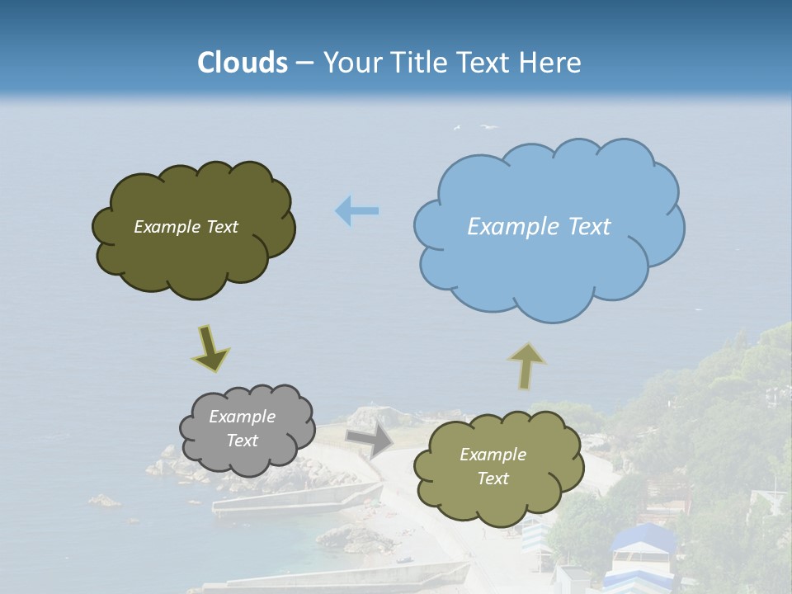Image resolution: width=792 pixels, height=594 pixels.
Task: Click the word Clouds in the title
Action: (x=243, y=63)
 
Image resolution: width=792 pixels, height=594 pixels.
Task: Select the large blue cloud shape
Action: (x=548, y=264)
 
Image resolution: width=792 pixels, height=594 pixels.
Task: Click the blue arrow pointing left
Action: (x=357, y=211)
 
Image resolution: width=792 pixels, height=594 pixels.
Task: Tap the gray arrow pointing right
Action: (x=370, y=440)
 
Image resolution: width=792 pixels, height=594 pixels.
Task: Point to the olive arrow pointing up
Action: (x=526, y=365)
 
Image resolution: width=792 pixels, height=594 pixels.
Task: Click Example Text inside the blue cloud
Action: (x=539, y=227)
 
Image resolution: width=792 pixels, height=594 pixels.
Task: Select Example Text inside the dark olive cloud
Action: (x=186, y=227)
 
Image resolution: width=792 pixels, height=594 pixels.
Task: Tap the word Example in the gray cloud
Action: (x=242, y=417)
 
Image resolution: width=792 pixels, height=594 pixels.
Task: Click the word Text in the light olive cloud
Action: (x=493, y=478)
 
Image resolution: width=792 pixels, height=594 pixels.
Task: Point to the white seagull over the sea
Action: (x=488, y=127)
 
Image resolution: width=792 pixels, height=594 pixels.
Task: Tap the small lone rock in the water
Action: (x=104, y=500)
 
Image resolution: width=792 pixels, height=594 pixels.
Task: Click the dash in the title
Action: (x=304, y=63)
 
